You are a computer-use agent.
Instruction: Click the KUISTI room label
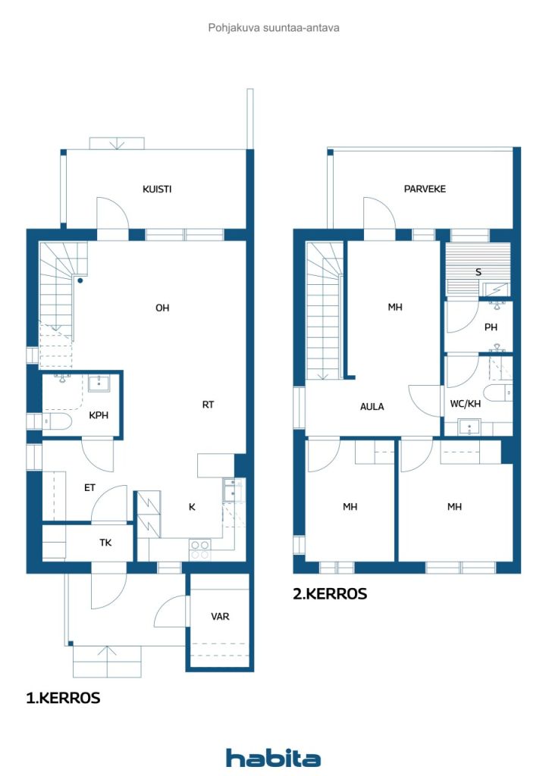[x=157, y=189]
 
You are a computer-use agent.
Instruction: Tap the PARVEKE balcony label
[x=425, y=189]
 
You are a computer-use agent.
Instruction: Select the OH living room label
[x=162, y=308]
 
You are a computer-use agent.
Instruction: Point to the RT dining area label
[x=208, y=405]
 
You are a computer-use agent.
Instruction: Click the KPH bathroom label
[x=99, y=415]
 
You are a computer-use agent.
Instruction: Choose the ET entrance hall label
[x=89, y=488]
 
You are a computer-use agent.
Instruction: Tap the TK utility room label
[x=105, y=543]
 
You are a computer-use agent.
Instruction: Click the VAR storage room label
[x=220, y=617]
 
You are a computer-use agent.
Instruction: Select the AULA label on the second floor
[x=372, y=407]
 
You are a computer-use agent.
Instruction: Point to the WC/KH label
[x=466, y=404]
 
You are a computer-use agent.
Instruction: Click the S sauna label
[x=478, y=272]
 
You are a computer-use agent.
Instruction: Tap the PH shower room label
[x=491, y=327]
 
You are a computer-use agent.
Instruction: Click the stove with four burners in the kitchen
[x=199, y=550]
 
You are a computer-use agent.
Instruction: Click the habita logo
[x=273, y=758]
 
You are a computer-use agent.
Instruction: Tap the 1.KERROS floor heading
[x=63, y=698]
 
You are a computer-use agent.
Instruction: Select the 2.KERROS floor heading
[x=330, y=594]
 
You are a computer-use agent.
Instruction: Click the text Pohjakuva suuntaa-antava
[x=274, y=28]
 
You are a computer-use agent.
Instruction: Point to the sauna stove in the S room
[x=495, y=289]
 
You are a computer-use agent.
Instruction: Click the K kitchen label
[x=192, y=507]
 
